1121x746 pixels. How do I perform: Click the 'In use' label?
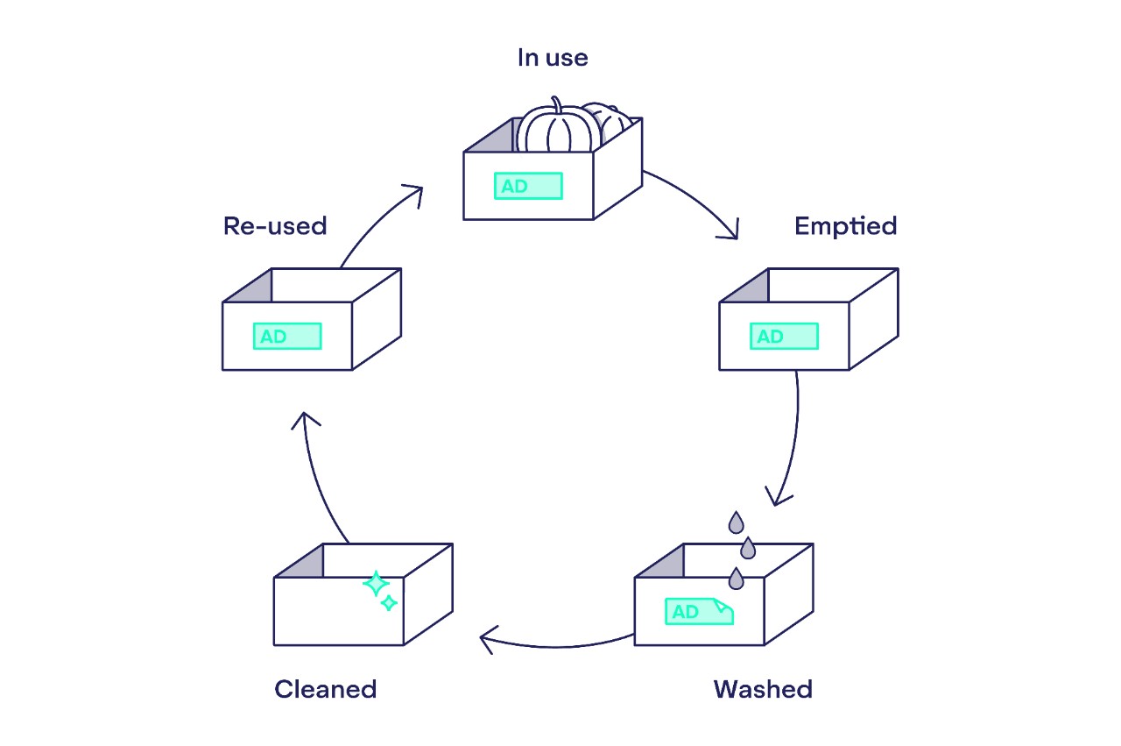pos(552,59)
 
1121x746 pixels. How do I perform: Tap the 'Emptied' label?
pos(845,226)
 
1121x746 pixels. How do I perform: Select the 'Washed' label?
pos(763,689)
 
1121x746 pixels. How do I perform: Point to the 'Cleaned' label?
pos(325,689)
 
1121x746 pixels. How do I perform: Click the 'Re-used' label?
pos(275,226)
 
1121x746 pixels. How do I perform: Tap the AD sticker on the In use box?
pos(528,186)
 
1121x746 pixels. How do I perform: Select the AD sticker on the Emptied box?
pos(784,337)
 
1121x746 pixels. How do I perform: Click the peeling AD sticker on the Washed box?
pos(698,612)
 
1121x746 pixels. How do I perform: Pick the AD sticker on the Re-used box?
pos(287,337)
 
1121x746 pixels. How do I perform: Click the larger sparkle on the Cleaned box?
pos(376,584)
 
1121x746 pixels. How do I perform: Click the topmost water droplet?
pos(737,522)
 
